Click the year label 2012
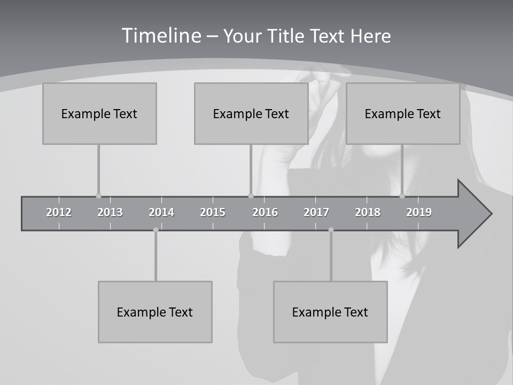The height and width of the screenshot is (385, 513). point(59,212)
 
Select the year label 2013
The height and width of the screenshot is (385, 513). point(110,212)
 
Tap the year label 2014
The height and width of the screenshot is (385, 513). point(161,212)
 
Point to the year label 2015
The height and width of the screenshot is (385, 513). point(213,212)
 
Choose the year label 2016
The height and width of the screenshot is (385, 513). point(265,212)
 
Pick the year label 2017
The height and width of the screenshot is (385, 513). point(316,212)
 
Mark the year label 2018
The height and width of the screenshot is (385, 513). point(368,212)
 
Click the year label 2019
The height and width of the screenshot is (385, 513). point(419,212)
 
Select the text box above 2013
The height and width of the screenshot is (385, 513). point(99,113)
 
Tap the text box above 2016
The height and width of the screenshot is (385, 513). point(251,113)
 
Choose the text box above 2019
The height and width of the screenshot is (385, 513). point(403,113)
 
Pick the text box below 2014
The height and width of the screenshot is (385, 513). point(155,312)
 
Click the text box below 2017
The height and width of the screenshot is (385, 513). point(330,312)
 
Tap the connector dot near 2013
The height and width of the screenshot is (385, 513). point(98,196)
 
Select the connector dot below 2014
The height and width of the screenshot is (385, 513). point(156,230)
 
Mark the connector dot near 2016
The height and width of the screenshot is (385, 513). point(251,196)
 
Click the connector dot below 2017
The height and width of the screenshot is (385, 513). point(331,230)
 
